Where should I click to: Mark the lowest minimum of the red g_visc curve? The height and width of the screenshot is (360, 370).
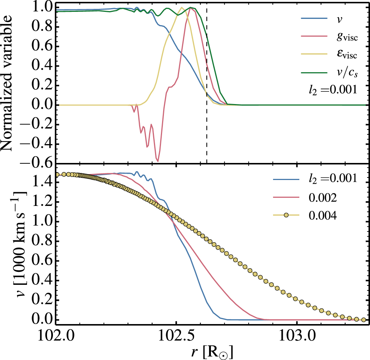coord(158,161)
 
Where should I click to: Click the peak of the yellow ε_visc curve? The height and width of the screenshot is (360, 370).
coord(181,7)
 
